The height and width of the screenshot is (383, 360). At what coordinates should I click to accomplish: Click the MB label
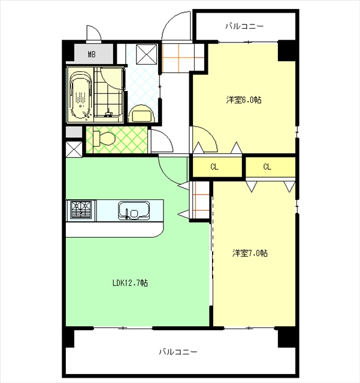pos(92,54)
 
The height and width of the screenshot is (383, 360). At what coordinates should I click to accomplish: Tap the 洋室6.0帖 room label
pos(244,100)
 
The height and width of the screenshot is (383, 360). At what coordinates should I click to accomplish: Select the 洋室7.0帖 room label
pos(250,253)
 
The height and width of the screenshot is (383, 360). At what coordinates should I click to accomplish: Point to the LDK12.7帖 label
pos(130,283)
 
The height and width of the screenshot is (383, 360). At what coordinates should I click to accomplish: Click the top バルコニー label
pos(244,26)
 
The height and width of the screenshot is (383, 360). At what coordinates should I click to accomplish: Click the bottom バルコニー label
pos(178,352)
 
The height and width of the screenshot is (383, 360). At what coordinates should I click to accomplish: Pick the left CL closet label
pos(214,167)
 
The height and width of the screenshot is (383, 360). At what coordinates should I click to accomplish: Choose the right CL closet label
pos(267,167)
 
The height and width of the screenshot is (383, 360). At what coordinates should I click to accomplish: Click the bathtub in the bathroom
pos(81,95)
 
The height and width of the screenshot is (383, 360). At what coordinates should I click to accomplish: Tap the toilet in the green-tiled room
pos(104,139)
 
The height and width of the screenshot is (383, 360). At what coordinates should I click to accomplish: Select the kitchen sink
pos(134,211)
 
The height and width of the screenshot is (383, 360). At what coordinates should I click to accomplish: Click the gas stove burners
pos(81,210)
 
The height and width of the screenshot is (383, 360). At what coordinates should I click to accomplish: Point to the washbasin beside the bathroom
pos(142,114)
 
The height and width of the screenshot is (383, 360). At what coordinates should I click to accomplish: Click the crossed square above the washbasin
pos(147,54)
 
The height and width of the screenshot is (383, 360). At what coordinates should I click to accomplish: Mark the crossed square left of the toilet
pos(74,149)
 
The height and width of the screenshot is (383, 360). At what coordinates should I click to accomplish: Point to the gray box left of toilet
pos(74,132)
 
